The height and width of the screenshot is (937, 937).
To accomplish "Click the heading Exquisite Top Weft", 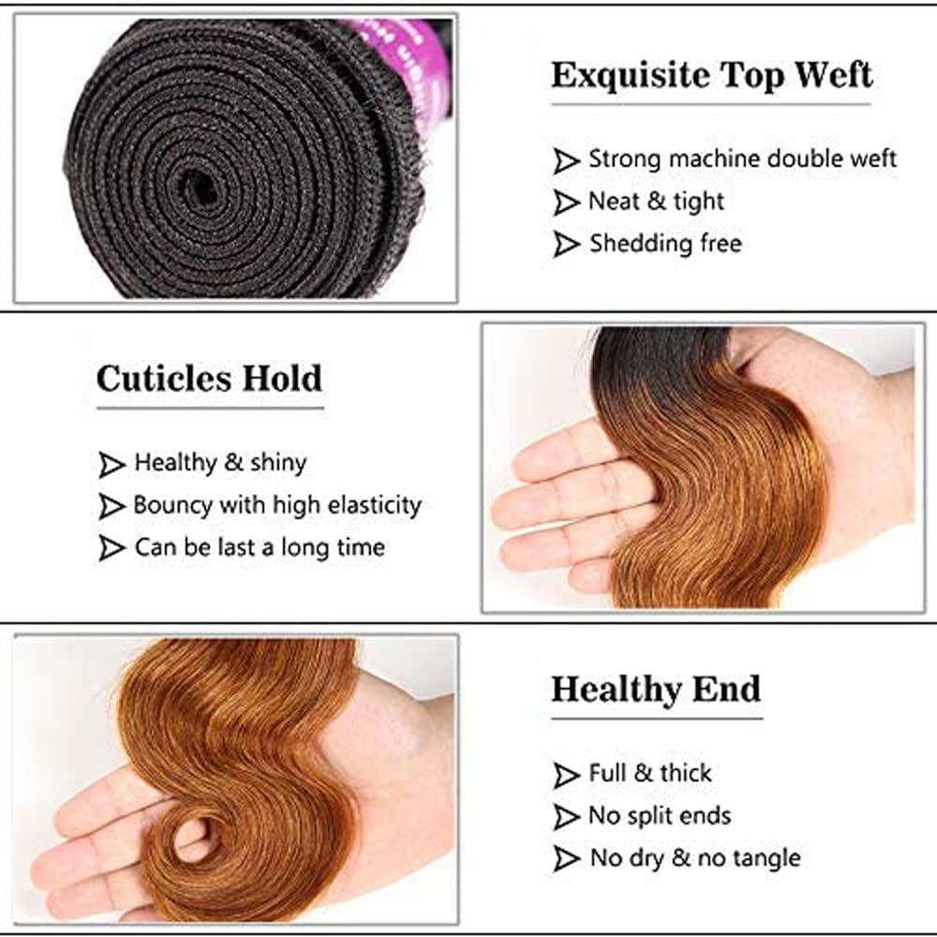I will click(x=712, y=75).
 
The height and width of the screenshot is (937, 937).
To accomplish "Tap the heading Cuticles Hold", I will click(x=209, y=379).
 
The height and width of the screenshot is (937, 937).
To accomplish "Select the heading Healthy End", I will click(x=656, y=690).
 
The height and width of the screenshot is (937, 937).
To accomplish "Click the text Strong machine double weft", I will click(x=742, y=159).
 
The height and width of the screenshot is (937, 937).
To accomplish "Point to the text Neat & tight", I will click(x=656, y=201).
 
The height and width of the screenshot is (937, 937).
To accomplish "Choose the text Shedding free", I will click(x=665, y=245).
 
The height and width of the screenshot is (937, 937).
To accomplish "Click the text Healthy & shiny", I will click(x=220, y=462).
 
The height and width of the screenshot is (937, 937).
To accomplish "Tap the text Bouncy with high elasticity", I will click(x=277, y=505).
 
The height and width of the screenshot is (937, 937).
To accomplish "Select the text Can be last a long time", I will click(x=260, y=547).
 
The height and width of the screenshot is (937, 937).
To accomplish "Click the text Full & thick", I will click(x=650, y=773).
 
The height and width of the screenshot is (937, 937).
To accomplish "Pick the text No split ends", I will click(x=660, y=815).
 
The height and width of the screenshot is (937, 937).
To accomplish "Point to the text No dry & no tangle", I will click(x=694, y=857).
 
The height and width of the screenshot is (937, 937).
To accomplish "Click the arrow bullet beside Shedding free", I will click(x=566, y=245).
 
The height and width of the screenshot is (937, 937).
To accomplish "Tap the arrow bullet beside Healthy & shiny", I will click(x=112, y=463).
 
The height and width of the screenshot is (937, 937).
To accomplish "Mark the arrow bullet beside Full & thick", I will click(x=566, y=775).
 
